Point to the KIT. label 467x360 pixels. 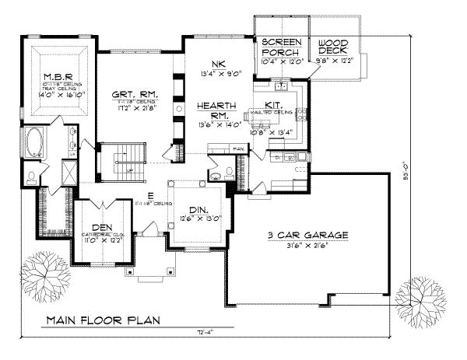coord(273,103)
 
